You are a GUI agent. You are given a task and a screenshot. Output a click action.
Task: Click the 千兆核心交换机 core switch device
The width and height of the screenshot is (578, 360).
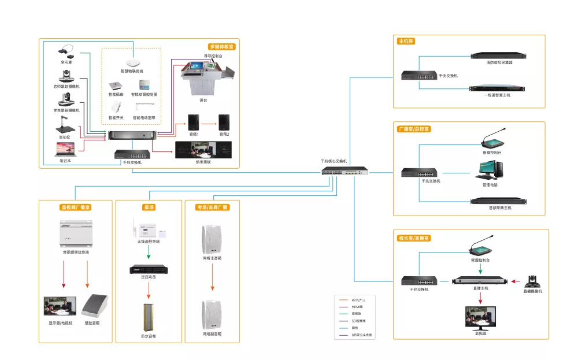(345, 172)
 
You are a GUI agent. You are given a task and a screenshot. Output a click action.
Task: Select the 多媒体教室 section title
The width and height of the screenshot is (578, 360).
(222, 47)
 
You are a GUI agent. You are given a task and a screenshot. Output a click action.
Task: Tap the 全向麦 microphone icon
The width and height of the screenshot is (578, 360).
(65, 51)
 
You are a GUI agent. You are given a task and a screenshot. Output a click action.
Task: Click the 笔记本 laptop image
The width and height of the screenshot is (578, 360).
(65, 150)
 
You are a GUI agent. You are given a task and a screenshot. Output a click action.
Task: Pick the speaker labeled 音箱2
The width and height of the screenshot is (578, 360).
(224, 122)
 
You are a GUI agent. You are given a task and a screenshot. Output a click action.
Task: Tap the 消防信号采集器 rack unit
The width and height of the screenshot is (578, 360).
(499, 56)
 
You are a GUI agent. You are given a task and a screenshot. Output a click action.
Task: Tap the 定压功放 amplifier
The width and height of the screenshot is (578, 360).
(149, 270)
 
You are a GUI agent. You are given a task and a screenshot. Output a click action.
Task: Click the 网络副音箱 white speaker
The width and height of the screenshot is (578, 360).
(212, 314)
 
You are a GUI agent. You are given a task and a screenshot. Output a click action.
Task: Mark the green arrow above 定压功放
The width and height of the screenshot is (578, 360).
(149, 252)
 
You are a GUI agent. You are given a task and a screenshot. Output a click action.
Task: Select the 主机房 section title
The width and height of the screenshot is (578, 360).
(406, 42)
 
